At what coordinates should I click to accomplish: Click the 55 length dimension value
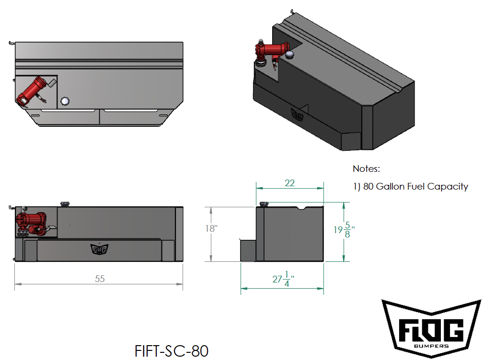tap(99, 279)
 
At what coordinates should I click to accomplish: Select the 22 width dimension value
tap(289, 183)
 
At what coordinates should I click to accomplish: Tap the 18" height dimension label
tap(211, 228)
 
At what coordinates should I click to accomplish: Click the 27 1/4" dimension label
tap(283, 279)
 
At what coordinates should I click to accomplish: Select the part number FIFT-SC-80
tap(172, 350)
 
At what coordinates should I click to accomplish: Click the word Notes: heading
tap(366, 169)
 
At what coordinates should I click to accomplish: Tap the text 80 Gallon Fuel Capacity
tap(415, 187)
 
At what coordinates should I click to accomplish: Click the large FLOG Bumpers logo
tap(431, 328)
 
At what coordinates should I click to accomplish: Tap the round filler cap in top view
tap(65, 101)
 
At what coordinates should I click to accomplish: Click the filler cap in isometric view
tap(289, 55)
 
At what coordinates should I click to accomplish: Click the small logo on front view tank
tap(98, 249)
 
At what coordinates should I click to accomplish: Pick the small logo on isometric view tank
tap(297, 115)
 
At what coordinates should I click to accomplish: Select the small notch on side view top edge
tap(303, 208)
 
